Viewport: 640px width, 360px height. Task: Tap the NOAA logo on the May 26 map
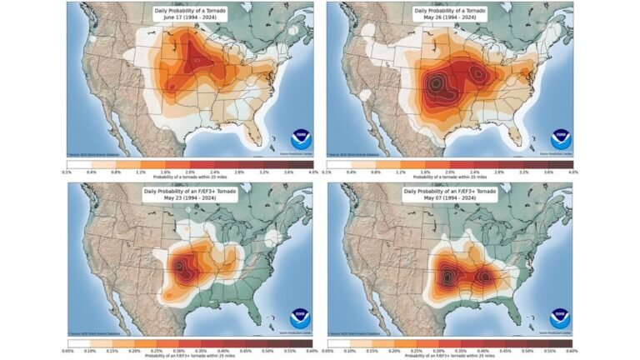tap(560, 139)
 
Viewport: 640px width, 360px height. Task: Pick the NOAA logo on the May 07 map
tap(560, 318)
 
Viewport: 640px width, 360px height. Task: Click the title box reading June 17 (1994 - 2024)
tap(192, 13)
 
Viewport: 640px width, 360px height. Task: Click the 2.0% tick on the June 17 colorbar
tap(190, 171)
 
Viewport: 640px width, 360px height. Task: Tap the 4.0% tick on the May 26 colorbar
tap(572, 171)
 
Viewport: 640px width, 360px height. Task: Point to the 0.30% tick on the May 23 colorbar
tap(180, 351)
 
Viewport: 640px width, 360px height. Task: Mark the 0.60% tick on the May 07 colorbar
tap(572, 351)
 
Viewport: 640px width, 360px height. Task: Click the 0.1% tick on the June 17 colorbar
tap(67, 171)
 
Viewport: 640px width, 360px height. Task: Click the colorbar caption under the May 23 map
tap(191, 357)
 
